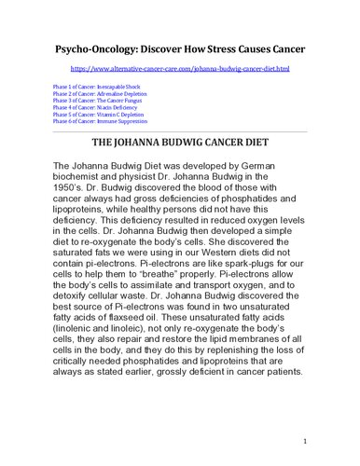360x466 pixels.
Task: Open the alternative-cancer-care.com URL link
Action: pyautogui.click(x=180, y=70)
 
